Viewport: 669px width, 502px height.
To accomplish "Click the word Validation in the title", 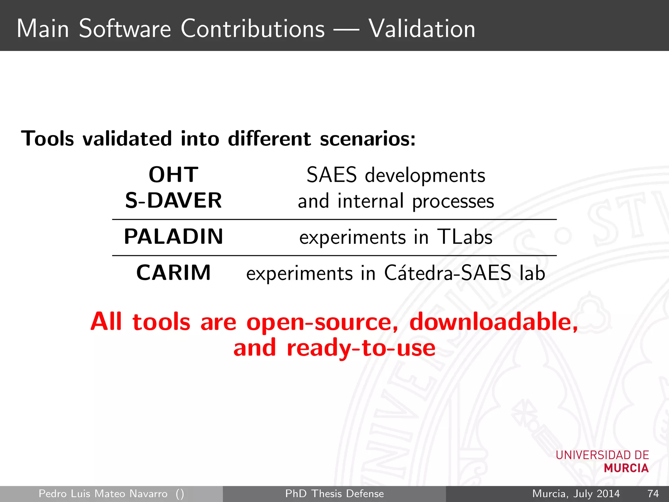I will pos(422,29).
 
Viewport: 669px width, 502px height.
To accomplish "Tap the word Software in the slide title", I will pos(125,29).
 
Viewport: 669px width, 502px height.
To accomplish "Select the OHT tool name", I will pos(173,175).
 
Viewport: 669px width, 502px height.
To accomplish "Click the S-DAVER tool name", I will pos(173,200).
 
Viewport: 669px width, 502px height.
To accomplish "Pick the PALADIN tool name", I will pos(173,237).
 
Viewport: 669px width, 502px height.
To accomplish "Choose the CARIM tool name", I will pos(173,273).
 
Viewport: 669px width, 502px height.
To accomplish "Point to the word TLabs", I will pos(465,237).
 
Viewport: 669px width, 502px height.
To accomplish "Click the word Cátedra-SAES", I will pos(447,273).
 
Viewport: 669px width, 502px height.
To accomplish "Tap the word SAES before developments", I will pos(331,175).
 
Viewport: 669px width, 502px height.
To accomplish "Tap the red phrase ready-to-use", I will pos(361,348).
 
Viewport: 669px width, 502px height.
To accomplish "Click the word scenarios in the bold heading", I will pos(367,139).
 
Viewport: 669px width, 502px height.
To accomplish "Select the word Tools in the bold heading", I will pos(48,139).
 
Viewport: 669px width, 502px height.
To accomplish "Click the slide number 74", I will pos(653,494).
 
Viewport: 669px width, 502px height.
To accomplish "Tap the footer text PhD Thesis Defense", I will pos(334,494).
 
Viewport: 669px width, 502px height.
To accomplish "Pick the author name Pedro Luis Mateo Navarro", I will pos(103,494).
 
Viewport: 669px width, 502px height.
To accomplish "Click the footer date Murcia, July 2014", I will pos(576,494).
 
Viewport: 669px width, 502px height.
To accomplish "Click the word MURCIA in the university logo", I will pos(626,468).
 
